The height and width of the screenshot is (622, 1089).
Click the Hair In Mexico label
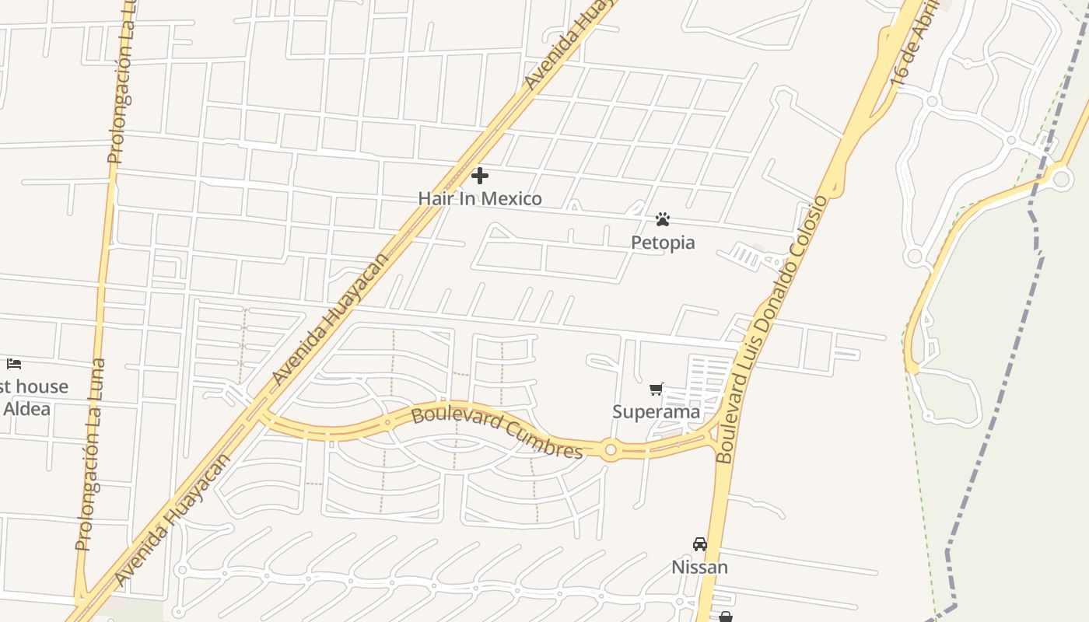point(480,198)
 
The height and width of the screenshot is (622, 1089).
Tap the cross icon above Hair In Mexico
point(480,176)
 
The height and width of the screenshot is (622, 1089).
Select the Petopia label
point(663,243)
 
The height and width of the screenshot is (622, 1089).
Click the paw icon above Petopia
point(663,220)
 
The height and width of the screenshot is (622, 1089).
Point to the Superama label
point(657,411)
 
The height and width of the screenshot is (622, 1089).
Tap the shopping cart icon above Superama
point(657,389)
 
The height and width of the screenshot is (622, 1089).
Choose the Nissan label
point(700,567)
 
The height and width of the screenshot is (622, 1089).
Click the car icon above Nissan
point(700,544)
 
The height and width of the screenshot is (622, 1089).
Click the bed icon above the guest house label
point(14,363)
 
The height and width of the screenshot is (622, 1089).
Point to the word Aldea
point(26,408)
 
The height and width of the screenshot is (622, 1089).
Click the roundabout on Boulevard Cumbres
point(611,449)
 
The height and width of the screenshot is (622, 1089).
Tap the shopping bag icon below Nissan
point(725,617)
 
